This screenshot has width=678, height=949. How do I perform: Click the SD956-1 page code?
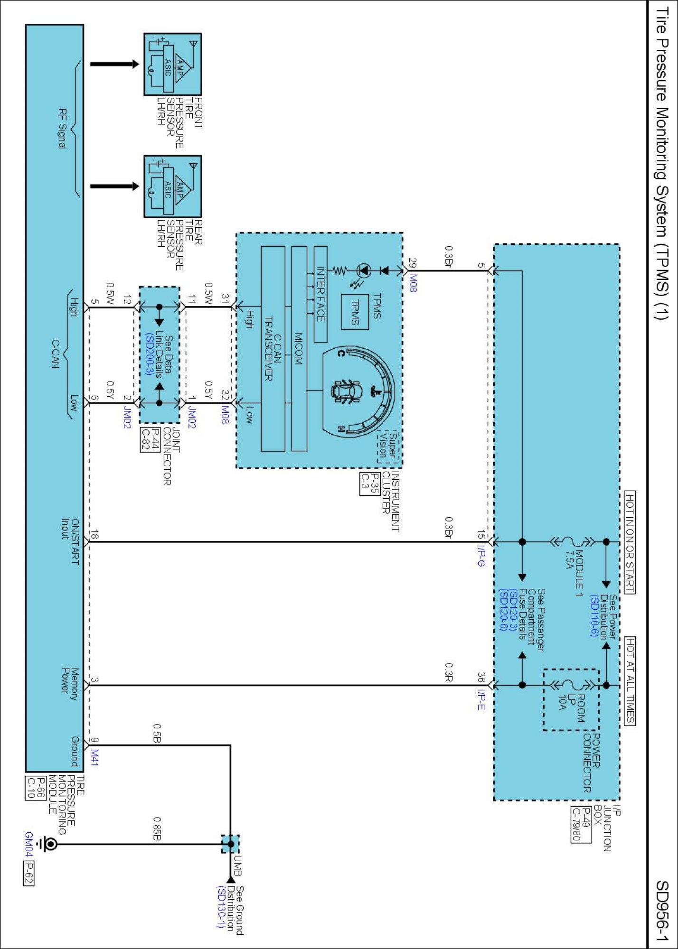[662, 911]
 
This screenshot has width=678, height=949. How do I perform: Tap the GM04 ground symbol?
[47, 844]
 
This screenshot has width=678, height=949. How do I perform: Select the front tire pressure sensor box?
[173, 65]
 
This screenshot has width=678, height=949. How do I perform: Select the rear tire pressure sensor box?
[173, 186]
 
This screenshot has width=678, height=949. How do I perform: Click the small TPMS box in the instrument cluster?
[355, 312]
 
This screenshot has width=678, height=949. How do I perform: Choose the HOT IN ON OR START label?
[630, 542]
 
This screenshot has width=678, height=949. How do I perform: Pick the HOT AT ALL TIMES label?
[630, 681]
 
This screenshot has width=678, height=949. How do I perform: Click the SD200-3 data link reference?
[149, 354]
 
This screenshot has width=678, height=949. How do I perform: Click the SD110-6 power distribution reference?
[594, 615]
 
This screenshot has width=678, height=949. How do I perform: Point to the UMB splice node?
[231, 844]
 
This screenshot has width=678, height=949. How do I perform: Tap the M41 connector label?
[95, 757]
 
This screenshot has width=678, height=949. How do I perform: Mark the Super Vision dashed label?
[388, 447]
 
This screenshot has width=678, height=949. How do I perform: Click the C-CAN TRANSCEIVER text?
[273, 348]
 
